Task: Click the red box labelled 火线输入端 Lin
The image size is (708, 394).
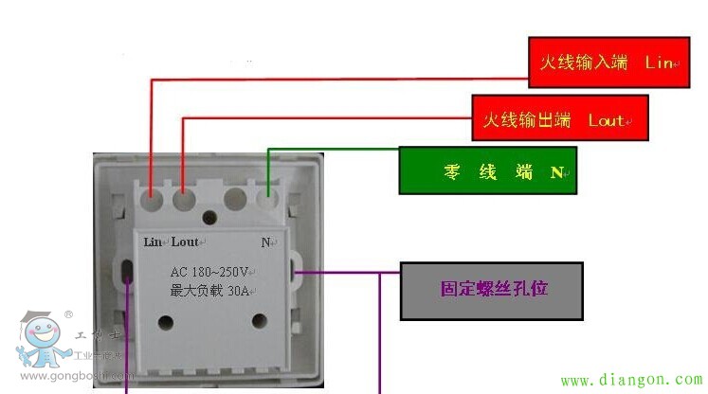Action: pos(603,63)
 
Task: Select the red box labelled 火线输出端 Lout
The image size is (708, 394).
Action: pos(560,120)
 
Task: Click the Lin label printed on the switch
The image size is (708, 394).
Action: pos(154,242)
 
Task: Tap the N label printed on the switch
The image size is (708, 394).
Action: pos(266,242)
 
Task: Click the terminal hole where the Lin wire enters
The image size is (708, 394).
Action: pos(152,200)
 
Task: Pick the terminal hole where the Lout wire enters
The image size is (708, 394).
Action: pos(184,200)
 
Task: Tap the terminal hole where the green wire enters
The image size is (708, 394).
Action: pos(268,200)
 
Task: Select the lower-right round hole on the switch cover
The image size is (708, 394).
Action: pos(257,321)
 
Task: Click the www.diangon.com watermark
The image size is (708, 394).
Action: pos(632,380)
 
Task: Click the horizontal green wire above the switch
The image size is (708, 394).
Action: pos(332,149)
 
